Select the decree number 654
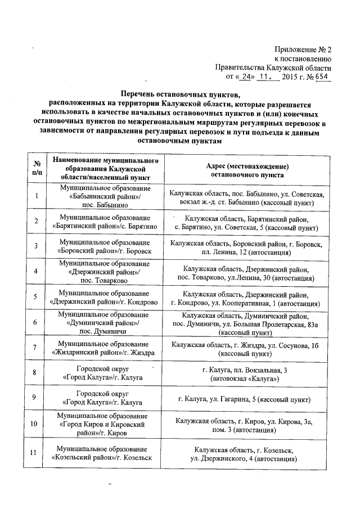coord(323,77)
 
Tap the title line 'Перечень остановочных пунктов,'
coord(180,93)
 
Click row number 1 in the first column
coord(37,196)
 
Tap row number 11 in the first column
coord(37,453)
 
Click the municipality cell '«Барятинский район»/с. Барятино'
coord(105,221)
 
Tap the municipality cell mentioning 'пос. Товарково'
coord(105,271)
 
